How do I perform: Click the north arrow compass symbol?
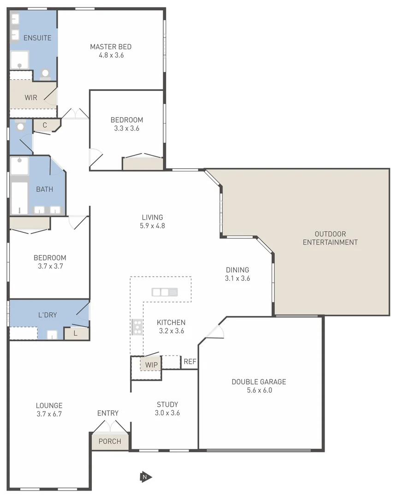(146, 477)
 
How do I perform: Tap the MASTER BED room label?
(111, 47)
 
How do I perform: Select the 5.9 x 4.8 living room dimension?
(152, 226)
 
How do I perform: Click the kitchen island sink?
(165, 292)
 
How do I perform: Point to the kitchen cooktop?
(137, 326)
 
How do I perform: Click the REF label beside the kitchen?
(190, 362)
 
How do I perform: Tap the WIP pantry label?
(151, 365)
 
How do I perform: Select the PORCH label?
(110, 441)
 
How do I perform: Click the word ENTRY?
(108, 413)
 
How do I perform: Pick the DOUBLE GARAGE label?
(259, 382)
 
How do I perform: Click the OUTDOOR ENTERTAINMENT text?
(330, 238)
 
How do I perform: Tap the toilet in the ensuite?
(45, 74)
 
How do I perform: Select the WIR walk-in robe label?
(31, 98)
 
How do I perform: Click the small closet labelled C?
(45, 125)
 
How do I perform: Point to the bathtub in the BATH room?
(19, 198)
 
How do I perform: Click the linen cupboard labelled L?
(76, 333)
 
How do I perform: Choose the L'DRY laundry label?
(47, 315)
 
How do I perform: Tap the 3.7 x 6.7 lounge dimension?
(49, 414)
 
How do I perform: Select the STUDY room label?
(167, 404)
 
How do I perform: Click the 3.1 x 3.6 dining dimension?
(237, 278)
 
